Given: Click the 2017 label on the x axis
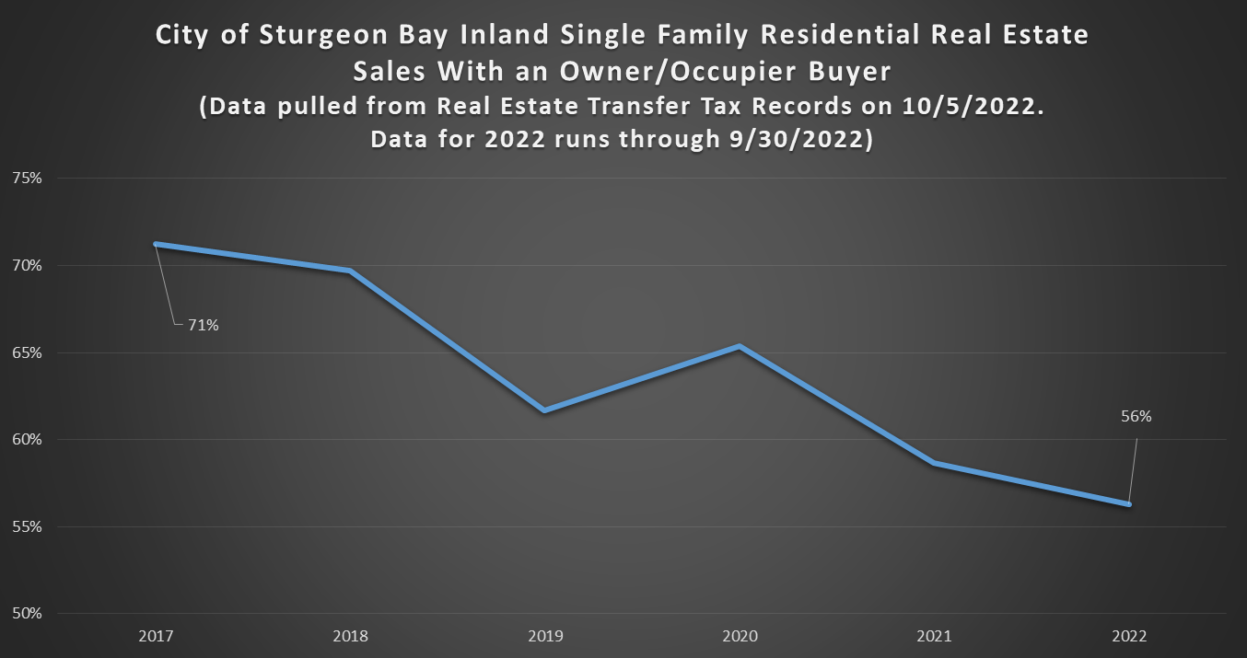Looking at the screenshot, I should pos(155,636).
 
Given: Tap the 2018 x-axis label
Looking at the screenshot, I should pos(350,636).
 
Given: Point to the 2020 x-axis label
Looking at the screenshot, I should pos(740,636).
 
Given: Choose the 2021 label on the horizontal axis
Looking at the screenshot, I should pos(934,636).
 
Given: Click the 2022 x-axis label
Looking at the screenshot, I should pos(1129,636).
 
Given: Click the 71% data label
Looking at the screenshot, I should pos(204,325).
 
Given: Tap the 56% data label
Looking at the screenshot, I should pos(1136,416).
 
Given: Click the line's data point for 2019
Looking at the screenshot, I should pos(544,410).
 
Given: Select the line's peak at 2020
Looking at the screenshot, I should pos(740,346).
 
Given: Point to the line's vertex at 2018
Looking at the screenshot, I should pos(350,271).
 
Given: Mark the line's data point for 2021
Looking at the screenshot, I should pos(934,463).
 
